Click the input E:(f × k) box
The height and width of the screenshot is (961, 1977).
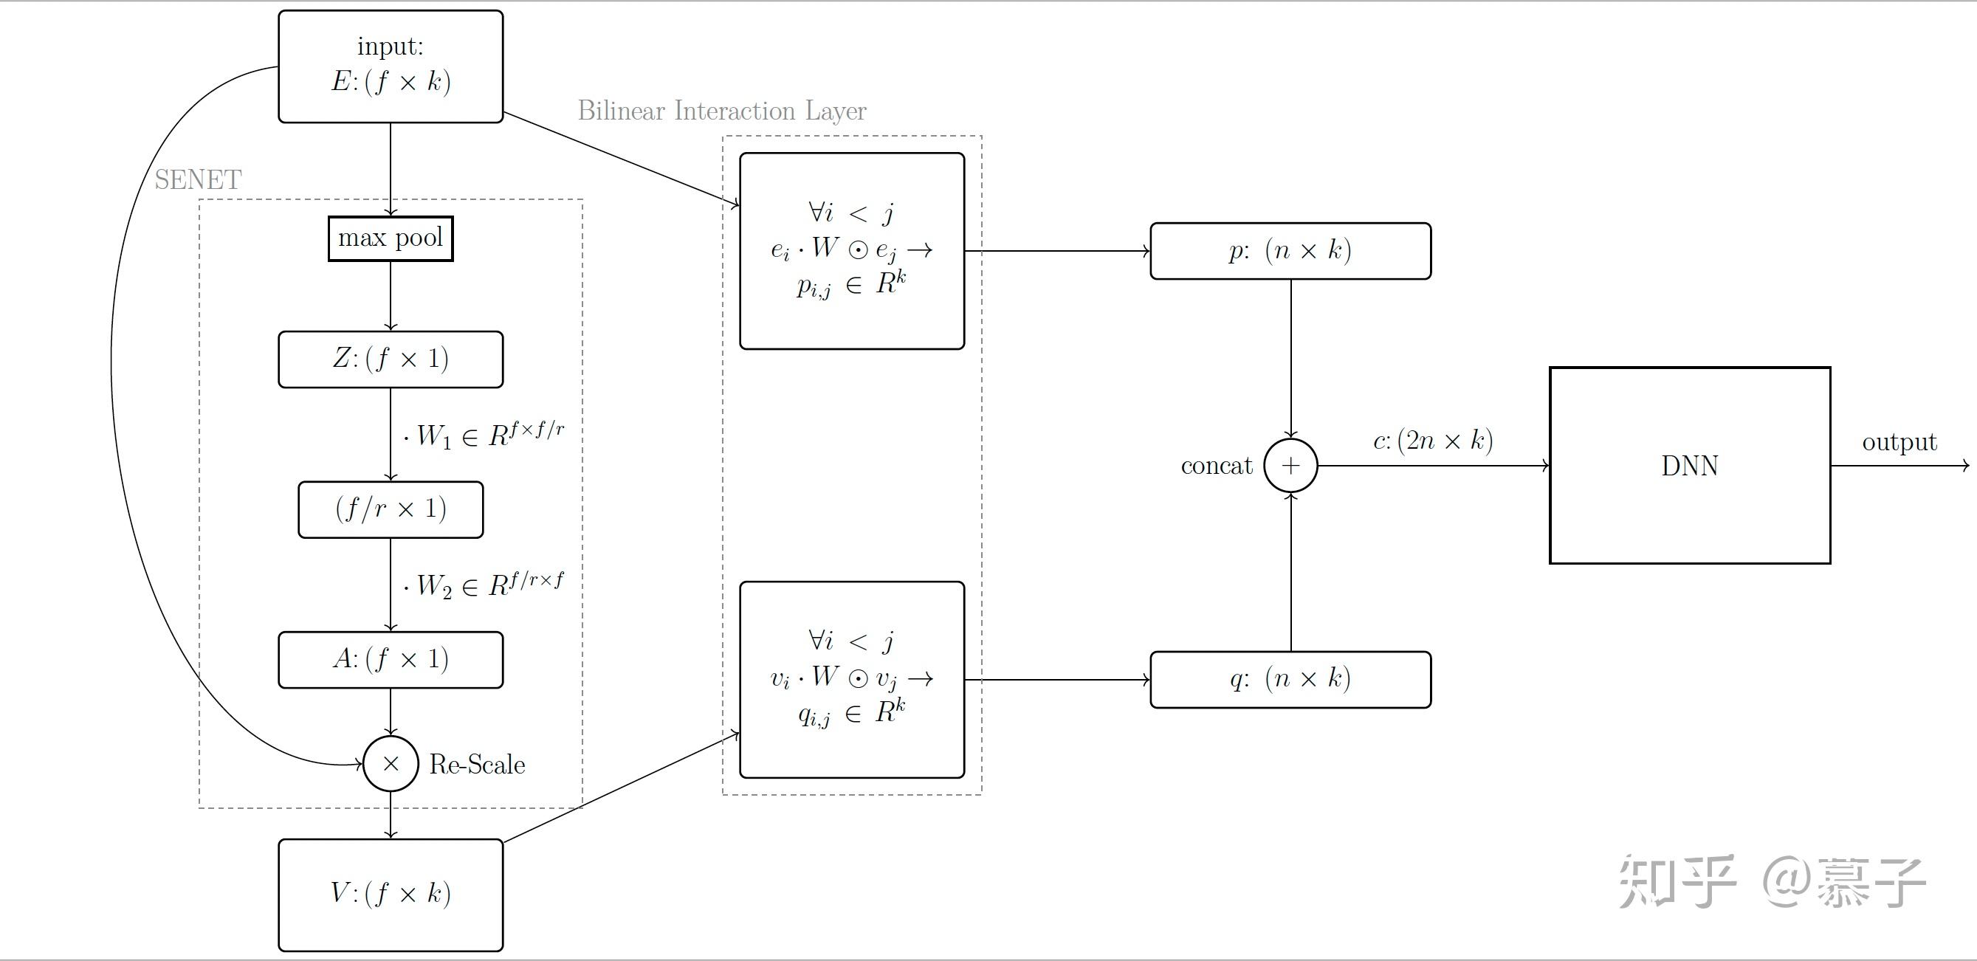[x=390, y=66]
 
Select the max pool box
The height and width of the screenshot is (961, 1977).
[x=390, y=238]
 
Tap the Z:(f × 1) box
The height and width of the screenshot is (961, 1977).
[x=390, y=359]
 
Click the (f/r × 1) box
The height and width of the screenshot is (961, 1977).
[x=390, y=510]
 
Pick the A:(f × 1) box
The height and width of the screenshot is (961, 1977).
[x=390, y=659]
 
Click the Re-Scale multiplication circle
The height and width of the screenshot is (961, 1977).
[x=390, y=764]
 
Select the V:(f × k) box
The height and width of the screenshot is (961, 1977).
[x=390, y=895]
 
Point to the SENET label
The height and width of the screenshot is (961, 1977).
[x=198, y=179]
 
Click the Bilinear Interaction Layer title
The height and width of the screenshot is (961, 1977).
[x=721, y=111]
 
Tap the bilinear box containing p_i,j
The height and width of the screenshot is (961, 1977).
[x=851, y=251]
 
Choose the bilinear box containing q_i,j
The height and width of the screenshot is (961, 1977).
[x=851, y=679]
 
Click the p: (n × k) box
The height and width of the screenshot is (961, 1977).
[x=1290, y=251]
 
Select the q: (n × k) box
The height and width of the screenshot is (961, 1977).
[x=1290, y=679]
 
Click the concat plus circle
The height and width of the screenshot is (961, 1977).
[x=1290, y=465]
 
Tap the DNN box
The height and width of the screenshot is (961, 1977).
[x=1689, y=465]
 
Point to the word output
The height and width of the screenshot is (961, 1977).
[x=1899, y=442]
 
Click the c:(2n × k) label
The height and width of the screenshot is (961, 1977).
[x=1432, y=441]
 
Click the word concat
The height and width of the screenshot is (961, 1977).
[x=1216, y=466]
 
